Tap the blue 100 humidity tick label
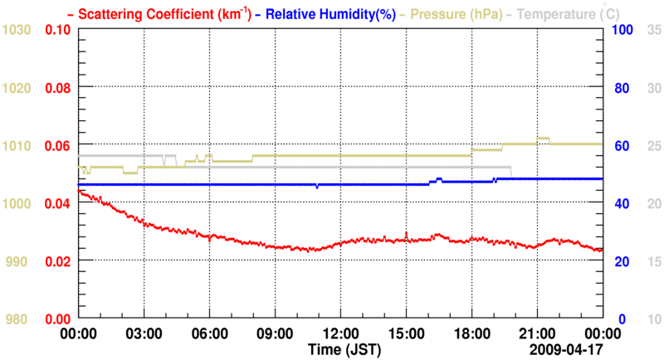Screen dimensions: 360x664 coord(622,30)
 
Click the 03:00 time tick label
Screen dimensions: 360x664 coord(144,333)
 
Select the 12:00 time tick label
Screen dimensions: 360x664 coord(340,333)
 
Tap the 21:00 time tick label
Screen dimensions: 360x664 coord(537,333)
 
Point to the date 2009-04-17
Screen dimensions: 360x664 coord(565,348)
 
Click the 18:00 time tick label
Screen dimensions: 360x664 coord(471,333)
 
